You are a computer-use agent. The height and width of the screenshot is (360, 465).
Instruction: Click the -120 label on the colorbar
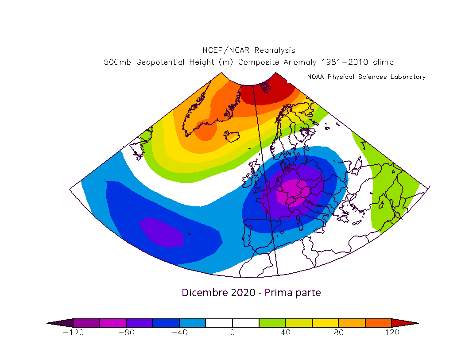click(x=73, y=333)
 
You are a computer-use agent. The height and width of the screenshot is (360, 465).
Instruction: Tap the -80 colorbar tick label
click(x=126, y=333)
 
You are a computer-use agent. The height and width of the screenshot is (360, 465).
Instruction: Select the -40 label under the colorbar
click(x=179, y=333)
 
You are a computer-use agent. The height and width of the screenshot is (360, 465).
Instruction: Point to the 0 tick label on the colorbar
click(x=232, y=333)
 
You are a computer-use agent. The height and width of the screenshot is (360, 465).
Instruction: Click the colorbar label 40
click(x=286, y=333)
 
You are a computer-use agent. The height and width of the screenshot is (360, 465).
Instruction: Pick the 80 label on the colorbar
click(x=339, y=333)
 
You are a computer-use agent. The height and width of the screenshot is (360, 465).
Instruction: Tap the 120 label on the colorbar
click(x=392, y=333)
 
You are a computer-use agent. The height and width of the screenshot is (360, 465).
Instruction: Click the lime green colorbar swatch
click(x=272, y=323)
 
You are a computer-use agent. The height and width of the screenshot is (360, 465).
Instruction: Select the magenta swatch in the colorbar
click(x=112, y=323)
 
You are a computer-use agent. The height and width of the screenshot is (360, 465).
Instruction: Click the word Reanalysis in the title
click(x=275, y=50)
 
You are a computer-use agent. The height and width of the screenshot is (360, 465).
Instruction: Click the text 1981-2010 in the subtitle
click(x=345, y=62)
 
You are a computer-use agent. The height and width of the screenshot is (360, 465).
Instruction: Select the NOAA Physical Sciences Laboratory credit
click(x=366, y=77)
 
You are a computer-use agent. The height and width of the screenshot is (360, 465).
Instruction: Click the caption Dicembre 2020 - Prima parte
click(x=251, y=293)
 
